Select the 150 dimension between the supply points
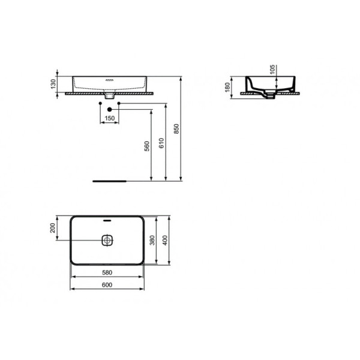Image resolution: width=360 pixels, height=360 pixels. click(109, 119)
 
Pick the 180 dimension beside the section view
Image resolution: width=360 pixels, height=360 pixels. click(228, 88)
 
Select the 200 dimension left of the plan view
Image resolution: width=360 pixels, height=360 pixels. click(53, 228)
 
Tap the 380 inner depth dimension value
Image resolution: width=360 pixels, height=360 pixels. click(152, 241)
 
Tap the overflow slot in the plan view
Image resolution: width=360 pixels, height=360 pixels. click(107, 221)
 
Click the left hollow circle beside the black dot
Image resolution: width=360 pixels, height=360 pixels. click(100, 104)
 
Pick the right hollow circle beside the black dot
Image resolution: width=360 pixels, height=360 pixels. click(119, 104)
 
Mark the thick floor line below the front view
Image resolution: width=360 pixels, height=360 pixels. click(109, 179)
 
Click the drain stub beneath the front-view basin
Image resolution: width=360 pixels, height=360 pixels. click(109, 95)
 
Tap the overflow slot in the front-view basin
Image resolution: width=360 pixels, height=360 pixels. click(109, 80)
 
